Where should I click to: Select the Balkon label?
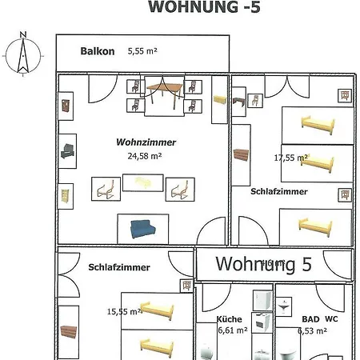(98, 51)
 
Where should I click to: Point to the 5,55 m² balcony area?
(142, 51)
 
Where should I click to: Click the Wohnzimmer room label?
(146, 142)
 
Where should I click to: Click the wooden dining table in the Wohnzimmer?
(164, 92)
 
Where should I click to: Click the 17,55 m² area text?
(290, 158)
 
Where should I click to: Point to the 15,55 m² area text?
(125, 312)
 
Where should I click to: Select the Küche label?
(230, 318)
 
